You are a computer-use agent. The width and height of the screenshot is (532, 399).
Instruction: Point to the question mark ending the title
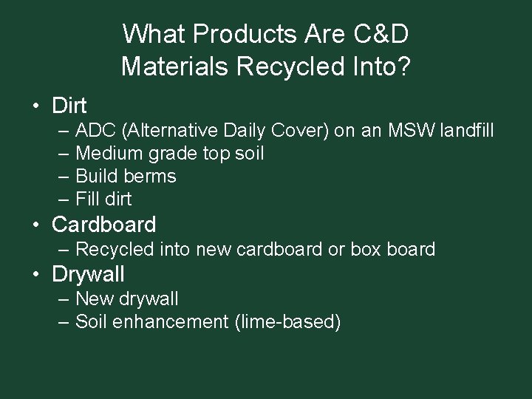(x=403, y=66)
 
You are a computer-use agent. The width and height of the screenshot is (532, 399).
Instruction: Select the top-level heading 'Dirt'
(x=69, y=106)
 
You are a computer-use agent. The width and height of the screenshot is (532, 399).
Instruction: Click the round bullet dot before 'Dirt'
(x=35, y=106)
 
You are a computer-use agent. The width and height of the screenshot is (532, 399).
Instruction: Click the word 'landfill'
(x=466, y=131)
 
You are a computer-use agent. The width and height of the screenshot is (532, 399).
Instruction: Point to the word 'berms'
(x=151, y=176)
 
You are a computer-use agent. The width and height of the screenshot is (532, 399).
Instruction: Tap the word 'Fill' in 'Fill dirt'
(x=88, y=199)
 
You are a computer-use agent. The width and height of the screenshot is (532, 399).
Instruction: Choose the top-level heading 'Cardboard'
(x=104, y=225)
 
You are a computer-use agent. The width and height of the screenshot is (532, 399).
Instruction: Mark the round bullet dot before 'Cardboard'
(x=35, y=225)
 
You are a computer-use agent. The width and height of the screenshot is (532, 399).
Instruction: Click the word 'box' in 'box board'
(x=366, y=250)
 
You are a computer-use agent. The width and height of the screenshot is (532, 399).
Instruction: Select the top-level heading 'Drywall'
(x=88, y=274)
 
